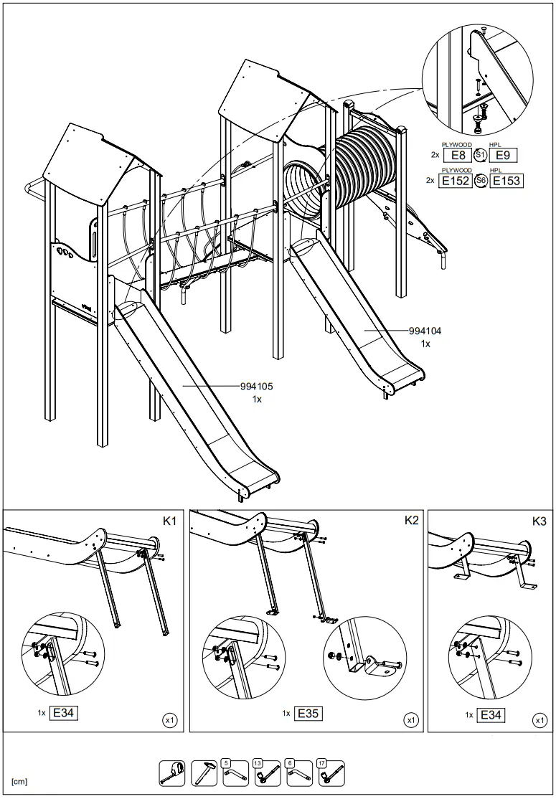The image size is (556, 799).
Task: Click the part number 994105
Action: (257, 386)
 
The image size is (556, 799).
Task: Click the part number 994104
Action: (425, 331)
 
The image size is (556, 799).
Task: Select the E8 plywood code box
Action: (457, 155)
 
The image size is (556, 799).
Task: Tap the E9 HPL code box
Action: (503, 155)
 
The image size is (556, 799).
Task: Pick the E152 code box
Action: (456, 181)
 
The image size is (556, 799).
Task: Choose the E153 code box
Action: (506, 181)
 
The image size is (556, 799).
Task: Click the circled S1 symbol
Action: (480, 155)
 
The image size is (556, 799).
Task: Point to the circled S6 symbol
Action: (481, 181)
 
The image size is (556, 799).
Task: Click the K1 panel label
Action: (169, 521)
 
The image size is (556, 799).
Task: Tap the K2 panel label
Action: (411, 521)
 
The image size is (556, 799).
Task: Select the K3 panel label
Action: (539, 521)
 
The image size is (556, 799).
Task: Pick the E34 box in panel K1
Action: (64, 713)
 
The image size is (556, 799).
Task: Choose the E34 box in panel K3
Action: (491, 714)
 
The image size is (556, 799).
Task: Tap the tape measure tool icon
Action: (172, 772)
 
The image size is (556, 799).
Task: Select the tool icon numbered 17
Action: (331, 772)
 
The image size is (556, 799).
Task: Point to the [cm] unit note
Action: (19, 780)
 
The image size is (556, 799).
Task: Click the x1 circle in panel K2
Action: (411, 719)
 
